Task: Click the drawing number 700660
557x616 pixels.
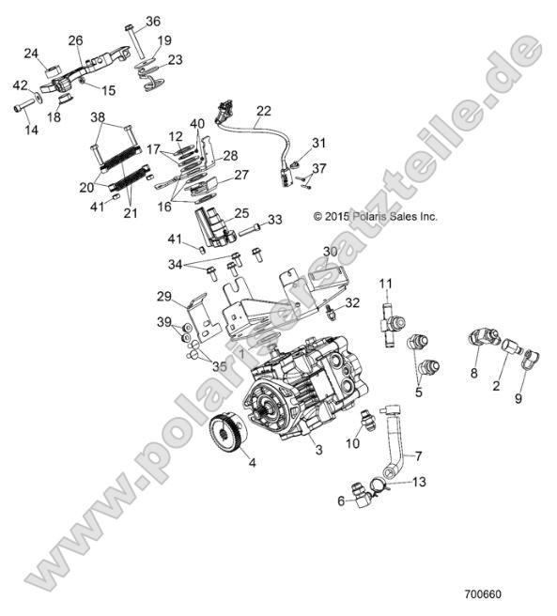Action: (x=484, y=594)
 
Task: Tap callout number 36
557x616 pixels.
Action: (x=153, y=21)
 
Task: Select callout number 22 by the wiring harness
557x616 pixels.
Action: (x=263, y=110)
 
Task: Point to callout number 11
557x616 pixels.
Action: (x=385, y=284)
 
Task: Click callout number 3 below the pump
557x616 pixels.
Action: (x=318, y=451)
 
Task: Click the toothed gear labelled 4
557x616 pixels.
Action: (x=226, y=435)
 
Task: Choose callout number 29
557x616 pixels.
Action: (x=165, y=297)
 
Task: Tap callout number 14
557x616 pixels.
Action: (x=31, y=130)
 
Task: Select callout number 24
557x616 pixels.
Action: (x=31, y=53)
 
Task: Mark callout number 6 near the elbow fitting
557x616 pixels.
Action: (x=342, y=501)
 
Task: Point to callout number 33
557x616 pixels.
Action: (x=274, y=220)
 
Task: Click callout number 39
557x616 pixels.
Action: (x=165, y=323)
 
